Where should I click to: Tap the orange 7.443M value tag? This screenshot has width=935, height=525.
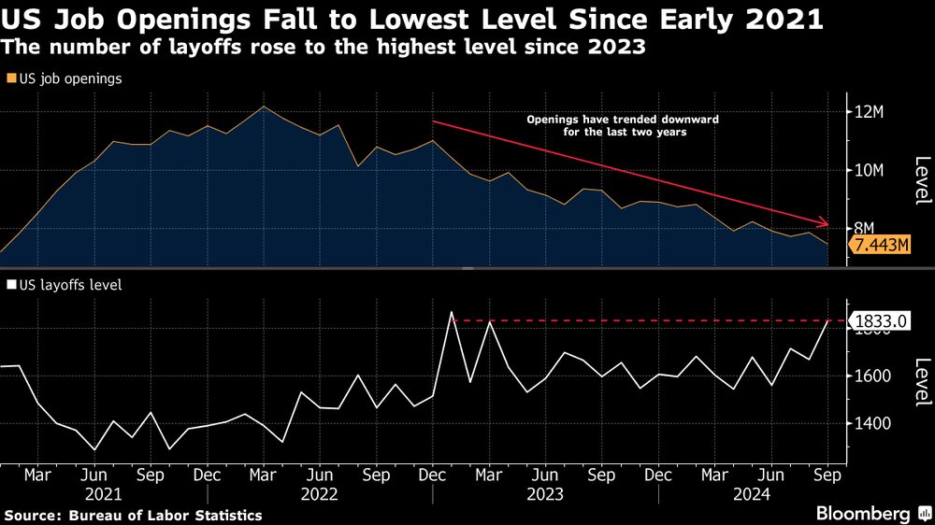pyautogui.click(x=878, y=246)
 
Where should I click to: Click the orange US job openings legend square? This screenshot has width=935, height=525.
pyautogui.click(x=10, y=79)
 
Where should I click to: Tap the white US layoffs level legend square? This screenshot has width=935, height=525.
pyautogui.click(x=10, y=284)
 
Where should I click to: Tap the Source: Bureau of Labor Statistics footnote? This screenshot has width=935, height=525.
pyautogui.click(x=132, y=515)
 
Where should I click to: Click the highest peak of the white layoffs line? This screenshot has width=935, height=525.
pyautogui.click(x=452, y=312)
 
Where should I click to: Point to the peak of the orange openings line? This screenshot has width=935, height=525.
pyautogui.click(x=264, y=106)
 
